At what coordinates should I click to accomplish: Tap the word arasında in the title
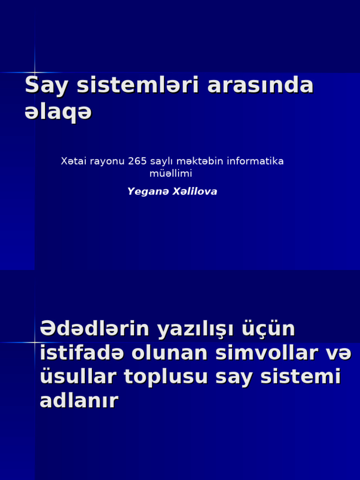pos(260,85)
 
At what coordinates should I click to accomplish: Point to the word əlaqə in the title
pos(58,112)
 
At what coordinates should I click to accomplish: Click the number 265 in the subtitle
pos(137,161)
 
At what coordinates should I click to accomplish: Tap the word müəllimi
pos(171,173)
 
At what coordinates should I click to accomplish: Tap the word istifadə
pos(82,353)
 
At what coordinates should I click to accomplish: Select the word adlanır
pos(79,401)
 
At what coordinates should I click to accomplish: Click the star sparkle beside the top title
pos(35,72)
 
